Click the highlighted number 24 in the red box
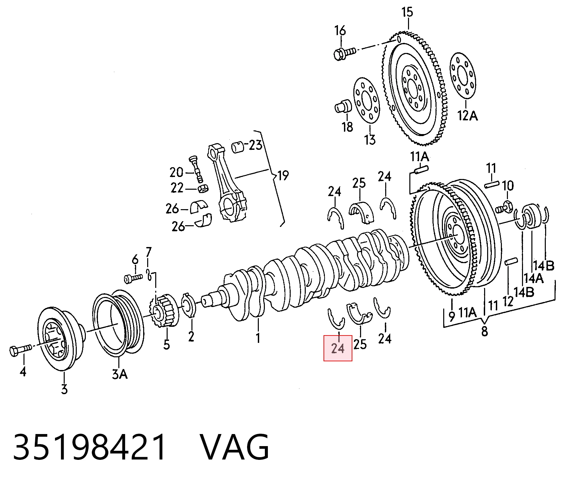coord(338,349)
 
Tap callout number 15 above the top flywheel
coord(407,13)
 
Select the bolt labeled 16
coord(345,53)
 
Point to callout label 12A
coord(468,116)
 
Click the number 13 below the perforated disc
coord(370,139)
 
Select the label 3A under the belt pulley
coord(120,374)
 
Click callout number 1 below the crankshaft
coord(258,338)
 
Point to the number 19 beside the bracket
coord(283,175)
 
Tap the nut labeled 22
coord(202,189)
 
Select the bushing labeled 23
coord(238,146)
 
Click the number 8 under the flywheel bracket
coord(484,331)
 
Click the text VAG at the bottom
coord(235,447)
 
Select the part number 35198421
coord(89,447)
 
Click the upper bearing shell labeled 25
coord(361,212)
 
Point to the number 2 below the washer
coord(191,336)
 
